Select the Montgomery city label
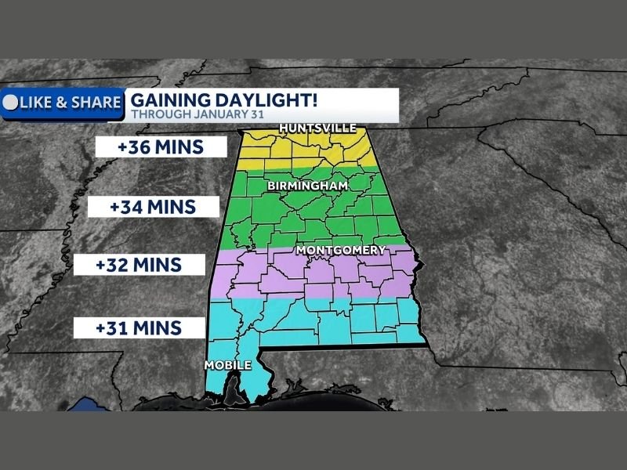341,251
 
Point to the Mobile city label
227,366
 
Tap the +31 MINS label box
139,327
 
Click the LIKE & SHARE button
63,103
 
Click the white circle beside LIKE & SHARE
11,103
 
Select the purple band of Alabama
313,274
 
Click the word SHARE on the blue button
96,103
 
